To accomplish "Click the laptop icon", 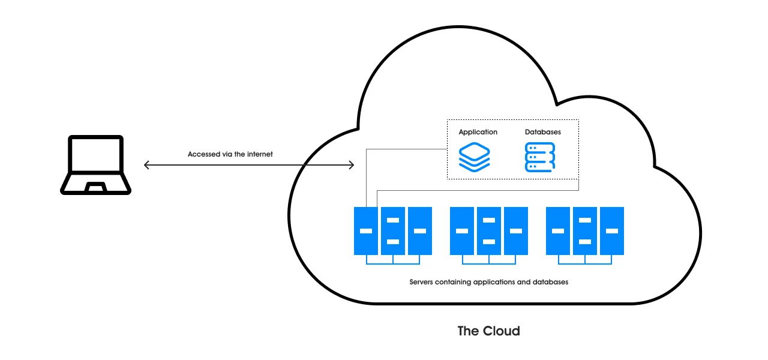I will (96, 164).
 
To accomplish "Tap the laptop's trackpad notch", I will (96, 188).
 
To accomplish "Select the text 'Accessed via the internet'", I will (230, 154).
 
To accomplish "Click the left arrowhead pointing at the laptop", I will (146, 164).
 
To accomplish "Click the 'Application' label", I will (478, 132).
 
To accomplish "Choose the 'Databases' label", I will (542, 132).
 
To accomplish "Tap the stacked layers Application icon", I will (474, 157).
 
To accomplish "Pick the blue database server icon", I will (540, 157).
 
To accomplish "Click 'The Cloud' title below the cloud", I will (488, 331).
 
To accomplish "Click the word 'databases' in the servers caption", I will (550, 281).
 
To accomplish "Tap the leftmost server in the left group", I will (365, 230).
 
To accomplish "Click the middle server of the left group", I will (392, 230).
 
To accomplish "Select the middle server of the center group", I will (488, 230).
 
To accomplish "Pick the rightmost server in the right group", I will (611, 230).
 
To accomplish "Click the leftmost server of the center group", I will (461, 230).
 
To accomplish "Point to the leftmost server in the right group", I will (557, 230).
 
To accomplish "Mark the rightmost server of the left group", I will (419, 230).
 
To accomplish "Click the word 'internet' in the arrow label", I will (260, 154).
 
